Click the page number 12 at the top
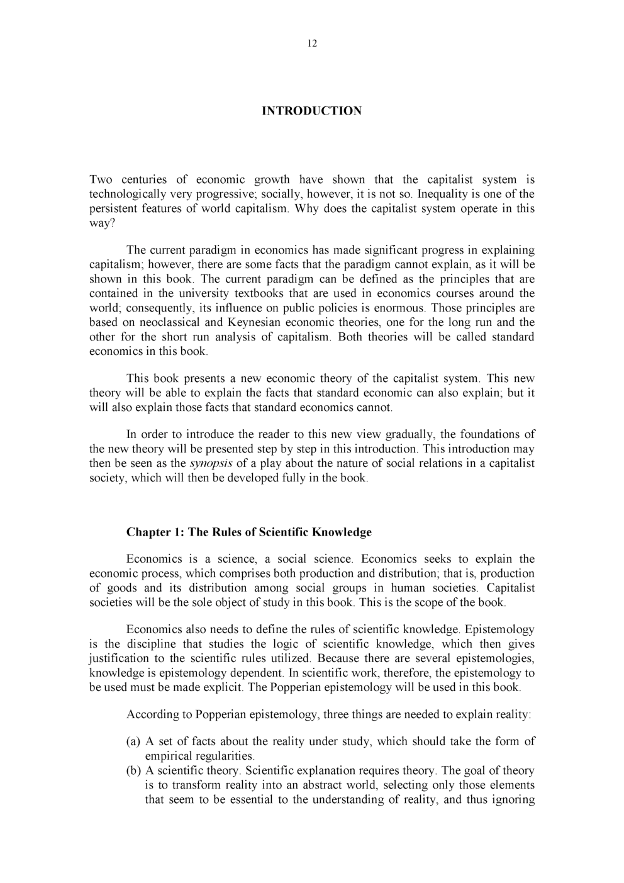tap(313, 43)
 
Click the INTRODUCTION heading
tap(311, 111)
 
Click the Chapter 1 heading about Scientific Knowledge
tap(248, 532)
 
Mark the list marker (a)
tap(134, 741)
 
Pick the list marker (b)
tap(134, 771)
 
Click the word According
tap(152, 714)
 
